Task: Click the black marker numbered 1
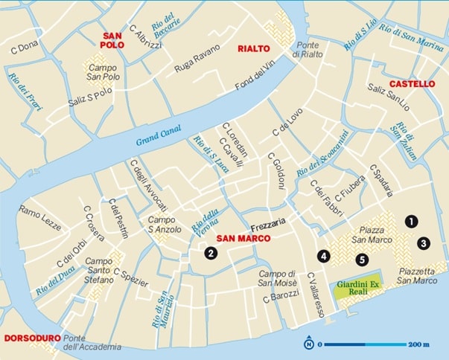pyautogui.click(x=410, y=221)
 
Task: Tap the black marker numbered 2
pyautogui.click(x=211, y=254)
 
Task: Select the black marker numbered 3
pyautogui.click(x=423, y=242)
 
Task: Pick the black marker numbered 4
pyautogui.click(x=323, y=255)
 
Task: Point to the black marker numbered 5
pyautogui.click(x=362, y=260)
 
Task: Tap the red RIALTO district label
pyautogui.click(x=253, y=49)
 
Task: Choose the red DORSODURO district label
pyautogui.click(x=31, y=338)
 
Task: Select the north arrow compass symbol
pyautogui.click(x=308, y=344)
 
